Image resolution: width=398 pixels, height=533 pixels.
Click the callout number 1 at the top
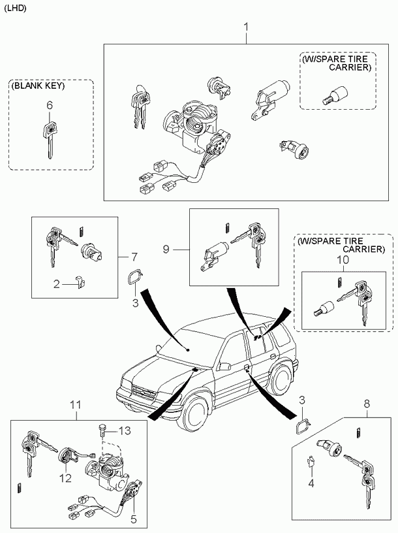(x=246, y=27)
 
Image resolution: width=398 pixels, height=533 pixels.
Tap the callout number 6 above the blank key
(x=50, y=105)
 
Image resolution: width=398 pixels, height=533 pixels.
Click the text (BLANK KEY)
(x=38, y=86)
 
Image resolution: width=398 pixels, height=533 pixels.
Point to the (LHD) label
(x=15, y=8)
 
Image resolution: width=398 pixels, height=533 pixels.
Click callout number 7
(x=134, y=256)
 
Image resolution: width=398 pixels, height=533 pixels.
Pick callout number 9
(x=166, y=250)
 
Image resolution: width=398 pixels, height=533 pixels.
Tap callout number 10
(x=343, y=260)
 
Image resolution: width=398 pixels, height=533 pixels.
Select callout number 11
(x=76, y=405)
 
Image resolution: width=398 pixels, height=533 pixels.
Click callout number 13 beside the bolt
(x=124, y=430)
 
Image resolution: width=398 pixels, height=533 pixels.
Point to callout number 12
(x=65, y=479)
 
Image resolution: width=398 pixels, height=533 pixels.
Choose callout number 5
(x=133, y=519)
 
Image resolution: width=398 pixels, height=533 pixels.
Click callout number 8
(x=367, y=404)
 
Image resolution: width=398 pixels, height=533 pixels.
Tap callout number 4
(x=311, y=483)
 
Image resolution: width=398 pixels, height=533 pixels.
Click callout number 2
(x=56, y=284)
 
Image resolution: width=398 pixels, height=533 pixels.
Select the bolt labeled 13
(x=102, y=430)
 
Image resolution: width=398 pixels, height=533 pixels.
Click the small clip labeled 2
(x=80, y=281)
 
